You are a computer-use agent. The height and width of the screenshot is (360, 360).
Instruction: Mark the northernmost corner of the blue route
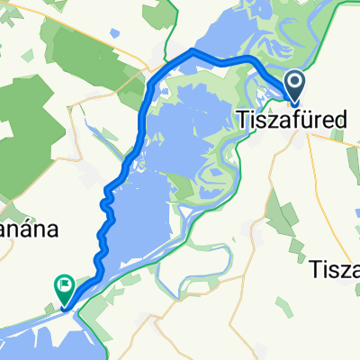(192, 52)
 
